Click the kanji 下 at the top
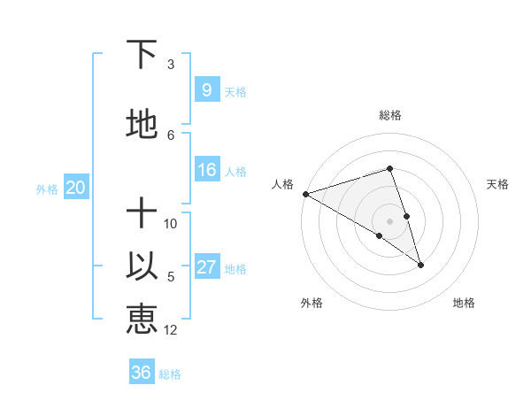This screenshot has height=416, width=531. [142, 55]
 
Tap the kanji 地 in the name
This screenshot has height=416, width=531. [142, 125]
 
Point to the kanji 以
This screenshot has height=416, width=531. [142, 268]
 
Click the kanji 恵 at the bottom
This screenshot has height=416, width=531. [142, 319]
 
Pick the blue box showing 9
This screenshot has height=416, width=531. [206, 90]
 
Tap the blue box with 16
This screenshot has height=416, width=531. [206, 170]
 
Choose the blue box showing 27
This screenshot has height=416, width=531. [206, 267]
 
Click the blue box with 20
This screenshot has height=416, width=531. [76, 188]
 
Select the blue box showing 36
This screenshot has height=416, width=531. [142, 373]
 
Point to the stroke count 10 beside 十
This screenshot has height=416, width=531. [171, 224]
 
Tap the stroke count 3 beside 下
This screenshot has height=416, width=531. [171, 65]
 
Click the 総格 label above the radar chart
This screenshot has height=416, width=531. [390, 115]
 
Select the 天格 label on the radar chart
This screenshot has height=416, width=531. [498, 184]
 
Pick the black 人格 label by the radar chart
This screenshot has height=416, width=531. [282, 184]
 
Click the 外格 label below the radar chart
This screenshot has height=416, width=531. [312, 303]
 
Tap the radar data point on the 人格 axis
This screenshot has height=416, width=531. [305, 193]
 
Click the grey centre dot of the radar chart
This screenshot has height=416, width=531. [390, 220]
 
